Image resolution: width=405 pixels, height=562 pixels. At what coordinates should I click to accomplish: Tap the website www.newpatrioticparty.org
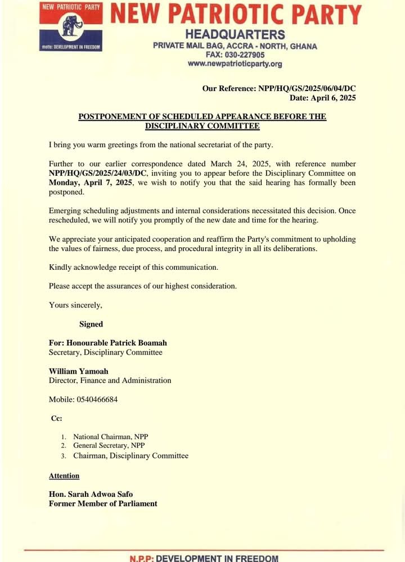235,64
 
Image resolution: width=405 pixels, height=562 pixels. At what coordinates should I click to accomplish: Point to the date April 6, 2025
336,98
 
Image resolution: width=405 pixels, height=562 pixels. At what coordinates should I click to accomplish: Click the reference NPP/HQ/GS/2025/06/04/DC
306,88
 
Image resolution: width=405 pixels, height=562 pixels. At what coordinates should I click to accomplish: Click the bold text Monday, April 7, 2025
90,183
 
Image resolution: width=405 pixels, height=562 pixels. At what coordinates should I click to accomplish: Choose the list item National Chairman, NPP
110,436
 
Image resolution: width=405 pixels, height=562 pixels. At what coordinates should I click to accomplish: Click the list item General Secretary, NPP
109,445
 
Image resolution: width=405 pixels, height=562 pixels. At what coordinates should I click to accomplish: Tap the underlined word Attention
64,475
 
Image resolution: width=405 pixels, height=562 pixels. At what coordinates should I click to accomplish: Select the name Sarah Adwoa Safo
101,494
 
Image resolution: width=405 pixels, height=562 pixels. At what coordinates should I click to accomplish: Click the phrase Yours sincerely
75,305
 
